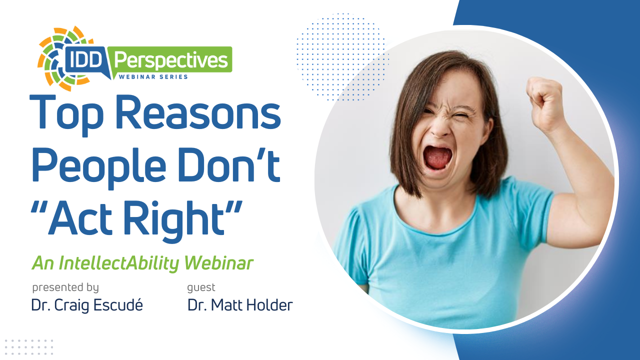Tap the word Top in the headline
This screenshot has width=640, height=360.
coord(66,115)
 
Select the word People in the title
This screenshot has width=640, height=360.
coord(99,167)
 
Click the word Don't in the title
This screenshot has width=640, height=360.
coord(229,165)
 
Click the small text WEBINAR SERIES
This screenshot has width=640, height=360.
coord(153,77)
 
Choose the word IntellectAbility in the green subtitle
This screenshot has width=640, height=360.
coord(119,263)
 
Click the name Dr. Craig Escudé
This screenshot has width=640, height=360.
coord(87,305)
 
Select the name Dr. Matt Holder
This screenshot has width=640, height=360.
coord(240,305)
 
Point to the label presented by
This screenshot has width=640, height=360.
coord(65,287)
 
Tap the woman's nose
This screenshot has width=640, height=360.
coord(439,128)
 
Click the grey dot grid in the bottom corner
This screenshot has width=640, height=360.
coord(28,347)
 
